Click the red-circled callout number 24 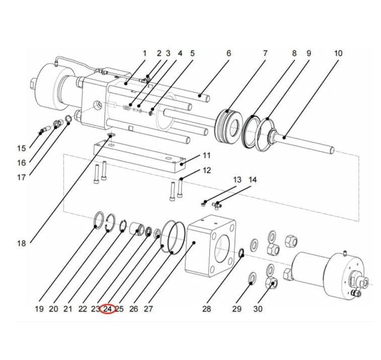[107, 309]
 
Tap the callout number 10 [338, 53]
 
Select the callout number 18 [21, 243]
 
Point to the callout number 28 [207, 309]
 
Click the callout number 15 [21, 148]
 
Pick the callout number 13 [237, 180]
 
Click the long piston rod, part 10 [307, 143]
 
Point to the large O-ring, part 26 [172, 236]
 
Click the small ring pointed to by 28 [241, 253]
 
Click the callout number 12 [207, 170]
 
